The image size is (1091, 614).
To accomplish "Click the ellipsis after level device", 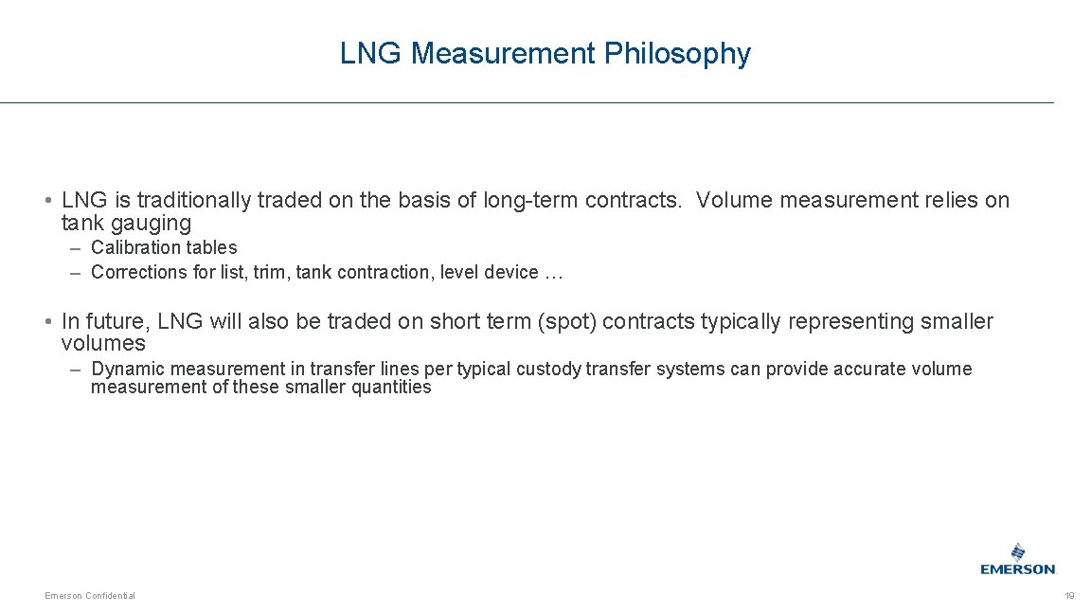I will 554,272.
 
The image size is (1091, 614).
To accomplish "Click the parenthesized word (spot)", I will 566,321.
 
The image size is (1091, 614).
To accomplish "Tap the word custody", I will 549,369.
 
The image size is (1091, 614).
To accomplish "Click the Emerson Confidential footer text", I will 90,595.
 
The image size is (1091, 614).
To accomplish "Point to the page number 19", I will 1069,595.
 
